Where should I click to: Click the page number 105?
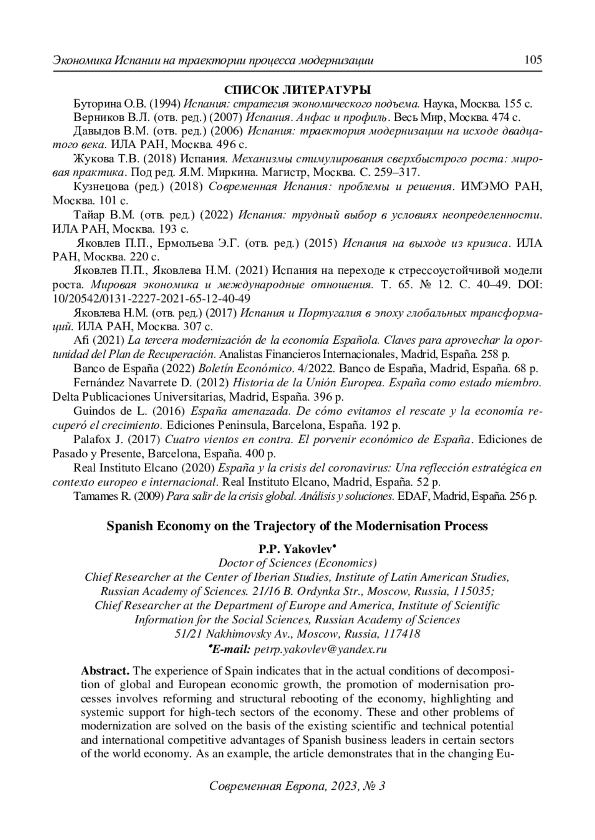coord(533,60)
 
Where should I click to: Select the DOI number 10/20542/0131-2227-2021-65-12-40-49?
coord(151,299)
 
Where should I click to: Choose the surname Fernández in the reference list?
coord(97,383)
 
